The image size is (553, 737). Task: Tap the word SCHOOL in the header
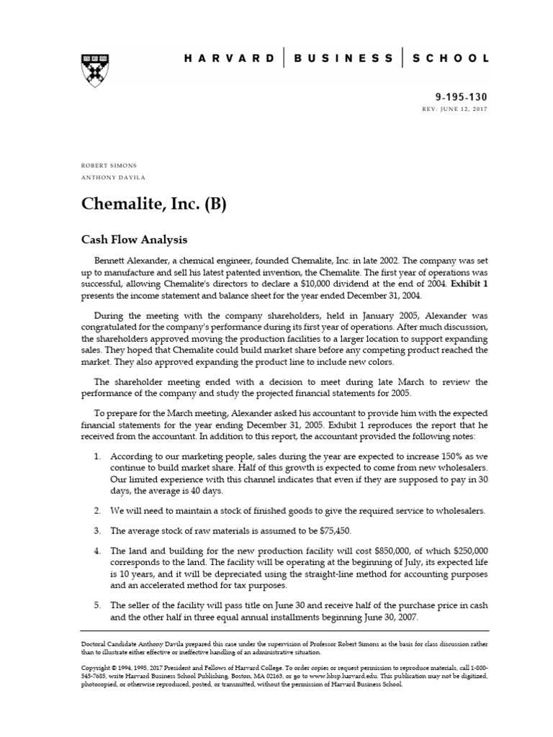pyautogui.click(x=451, y=58)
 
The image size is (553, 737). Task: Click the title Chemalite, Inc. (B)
pyautogui.click(x=153, y=204)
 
